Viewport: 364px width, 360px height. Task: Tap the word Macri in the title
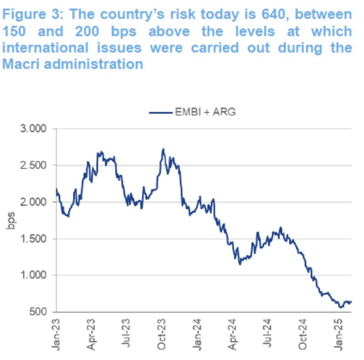tap(20, 64)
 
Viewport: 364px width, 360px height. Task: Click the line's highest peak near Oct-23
tap(163, 149)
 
